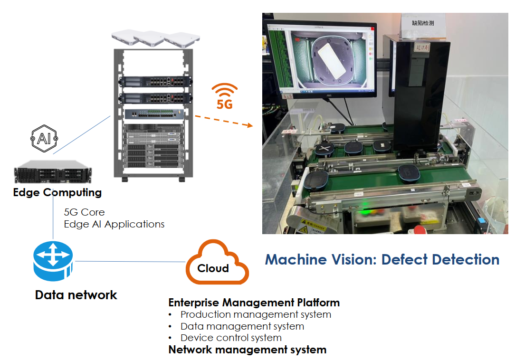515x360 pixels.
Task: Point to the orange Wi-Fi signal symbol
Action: coord(224,90)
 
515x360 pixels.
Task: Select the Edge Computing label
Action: coord(57,192)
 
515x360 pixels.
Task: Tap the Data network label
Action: coord(76,295)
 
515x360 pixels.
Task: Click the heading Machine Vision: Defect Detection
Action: coord(382,260)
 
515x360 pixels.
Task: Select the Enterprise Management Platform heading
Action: coord(254,303)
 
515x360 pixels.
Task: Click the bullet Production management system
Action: coord(256,314)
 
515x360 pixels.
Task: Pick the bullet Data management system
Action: coord(242,326)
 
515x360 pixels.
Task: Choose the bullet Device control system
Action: coord(231,338)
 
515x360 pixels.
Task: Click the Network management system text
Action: coord(247,350)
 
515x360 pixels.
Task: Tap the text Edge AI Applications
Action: coord(114,224)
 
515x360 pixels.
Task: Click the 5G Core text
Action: coord(84,212)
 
